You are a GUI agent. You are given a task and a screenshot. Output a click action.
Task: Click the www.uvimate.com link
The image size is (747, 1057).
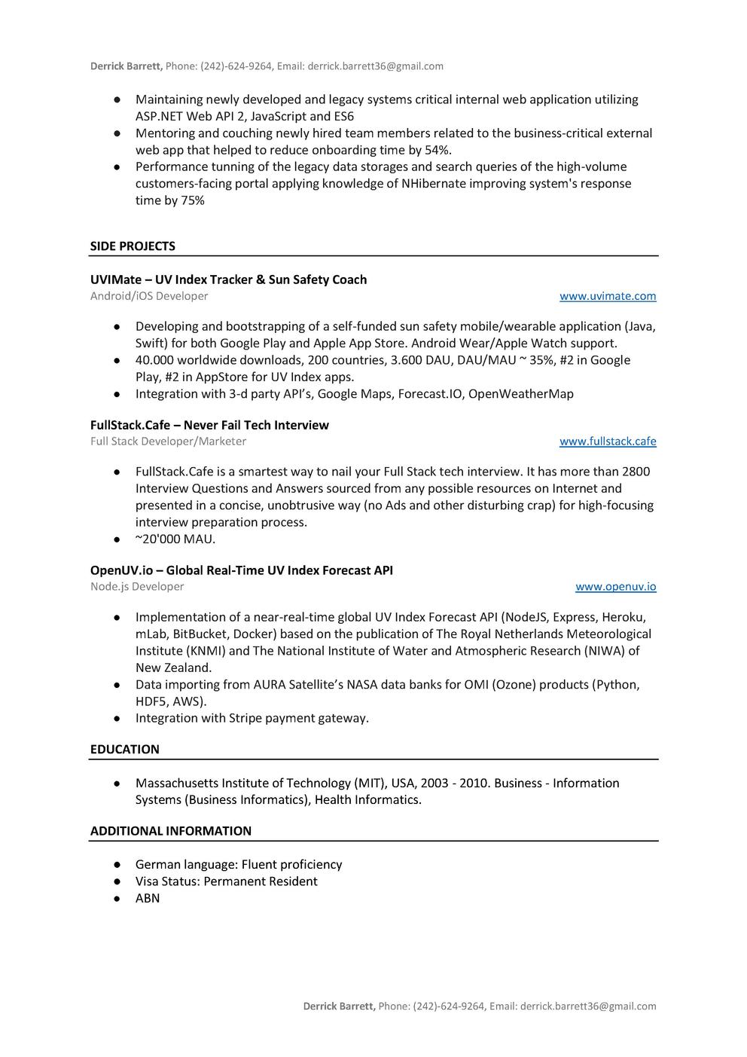click(607, 296)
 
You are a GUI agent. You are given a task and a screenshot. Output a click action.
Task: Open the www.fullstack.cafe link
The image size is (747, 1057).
click(607, 441)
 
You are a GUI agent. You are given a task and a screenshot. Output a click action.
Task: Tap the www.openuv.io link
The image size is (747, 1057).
click(615, 587)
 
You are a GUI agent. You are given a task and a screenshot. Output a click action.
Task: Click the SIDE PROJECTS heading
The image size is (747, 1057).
click(133, 246)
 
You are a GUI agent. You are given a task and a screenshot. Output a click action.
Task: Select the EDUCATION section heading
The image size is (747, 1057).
click(124, 750)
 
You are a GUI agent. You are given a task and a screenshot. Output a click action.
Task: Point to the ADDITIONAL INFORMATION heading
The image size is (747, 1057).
click(171, 831)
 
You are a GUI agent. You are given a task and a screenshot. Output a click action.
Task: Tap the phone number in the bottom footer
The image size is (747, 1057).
click(449, 1007)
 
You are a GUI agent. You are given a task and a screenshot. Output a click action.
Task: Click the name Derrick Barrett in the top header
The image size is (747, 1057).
click(125, 66)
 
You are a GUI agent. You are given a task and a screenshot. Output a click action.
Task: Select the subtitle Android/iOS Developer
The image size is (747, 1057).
click(149, 296)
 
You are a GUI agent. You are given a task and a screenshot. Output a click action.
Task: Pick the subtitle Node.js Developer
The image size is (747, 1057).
click(137, 587)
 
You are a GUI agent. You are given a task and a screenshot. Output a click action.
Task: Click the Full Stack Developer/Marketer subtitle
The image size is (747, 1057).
click(168, 441)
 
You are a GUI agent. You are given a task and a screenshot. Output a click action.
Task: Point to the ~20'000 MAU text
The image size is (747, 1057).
click(175, 539)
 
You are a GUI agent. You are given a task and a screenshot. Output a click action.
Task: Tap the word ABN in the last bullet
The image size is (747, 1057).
click(148, 899)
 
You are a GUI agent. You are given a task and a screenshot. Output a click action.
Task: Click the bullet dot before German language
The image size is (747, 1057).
click(117, 865)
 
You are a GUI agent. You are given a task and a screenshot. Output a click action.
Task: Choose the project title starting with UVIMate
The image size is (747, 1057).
click(228, 280)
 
